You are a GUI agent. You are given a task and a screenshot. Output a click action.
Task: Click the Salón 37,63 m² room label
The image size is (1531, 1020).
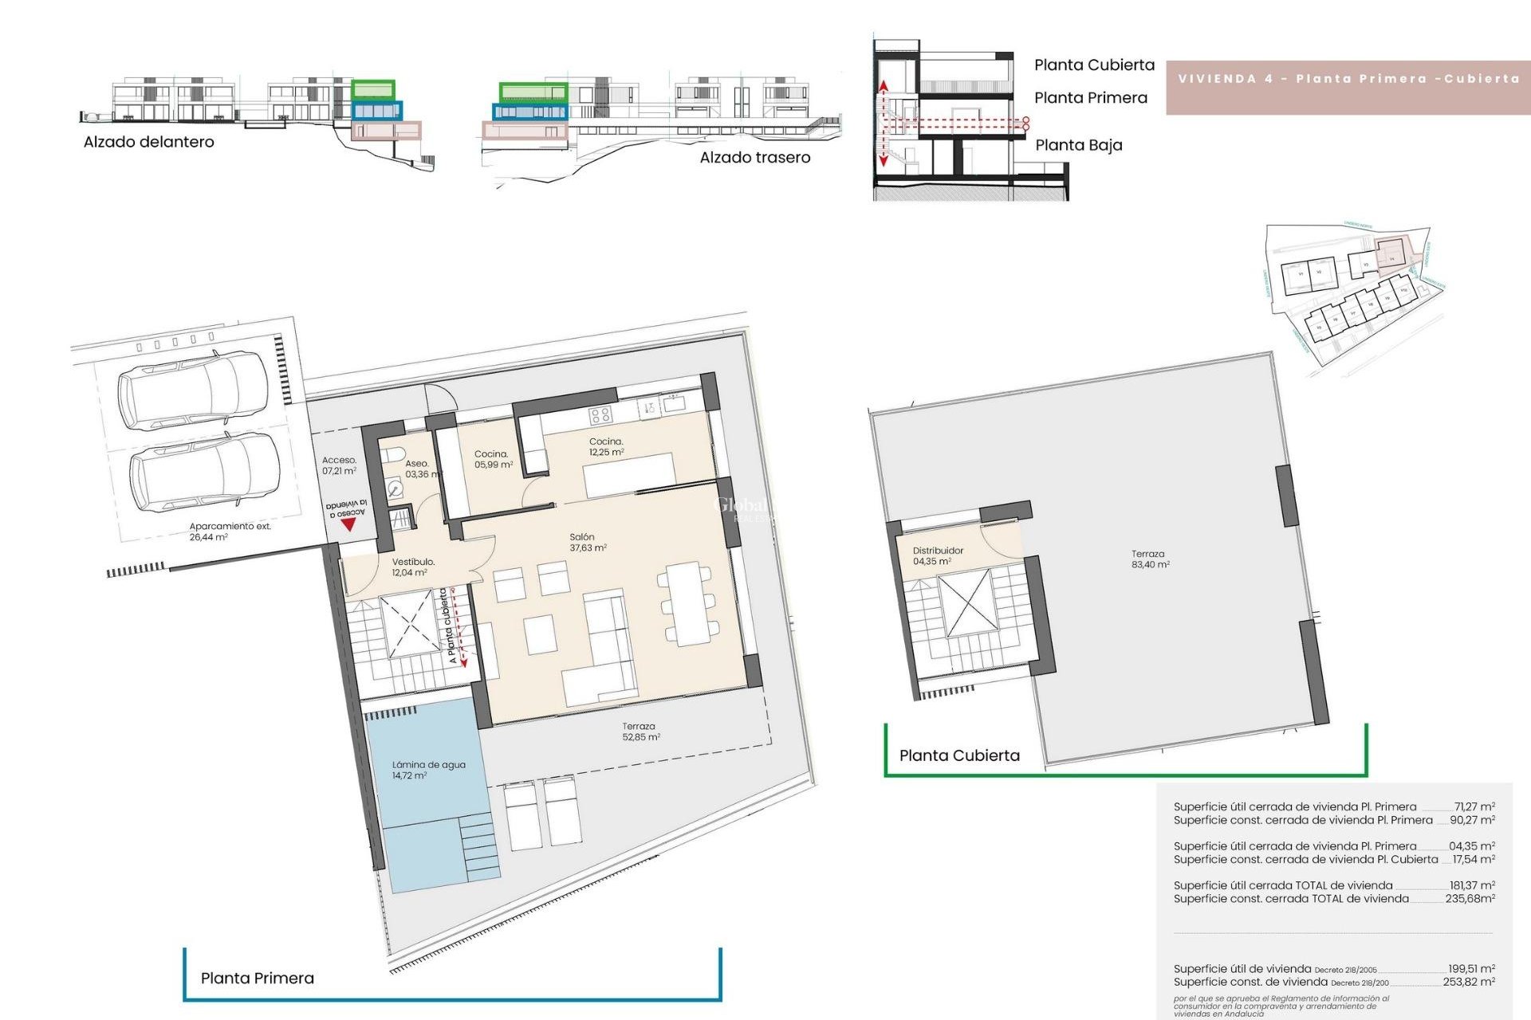pos(588,543)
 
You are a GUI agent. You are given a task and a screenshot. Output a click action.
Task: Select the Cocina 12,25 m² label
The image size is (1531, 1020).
pos(606,446)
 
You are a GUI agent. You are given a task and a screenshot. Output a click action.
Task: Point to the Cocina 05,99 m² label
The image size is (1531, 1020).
pos(493,459)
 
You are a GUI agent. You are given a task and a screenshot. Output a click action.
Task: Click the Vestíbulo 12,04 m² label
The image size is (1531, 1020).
pos(410,567)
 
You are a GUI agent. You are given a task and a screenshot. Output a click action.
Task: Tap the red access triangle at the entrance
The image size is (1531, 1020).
pos(348,524)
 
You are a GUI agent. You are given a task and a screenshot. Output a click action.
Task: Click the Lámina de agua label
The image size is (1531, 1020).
pos(427,770)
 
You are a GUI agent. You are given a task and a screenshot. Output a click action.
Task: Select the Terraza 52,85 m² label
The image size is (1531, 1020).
pos(640,732)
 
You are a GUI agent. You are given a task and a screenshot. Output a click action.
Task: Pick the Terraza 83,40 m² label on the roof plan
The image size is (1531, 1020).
pos(1149,559)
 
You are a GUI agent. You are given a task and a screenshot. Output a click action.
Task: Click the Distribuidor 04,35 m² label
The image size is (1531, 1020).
pos(937,555)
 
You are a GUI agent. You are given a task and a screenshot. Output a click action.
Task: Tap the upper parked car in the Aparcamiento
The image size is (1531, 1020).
pos(193,391)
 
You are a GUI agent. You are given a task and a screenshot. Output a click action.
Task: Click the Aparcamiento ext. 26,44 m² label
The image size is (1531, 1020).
pos(229,532)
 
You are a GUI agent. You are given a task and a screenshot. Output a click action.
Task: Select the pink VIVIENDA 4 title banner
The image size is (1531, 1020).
pos(1348,79)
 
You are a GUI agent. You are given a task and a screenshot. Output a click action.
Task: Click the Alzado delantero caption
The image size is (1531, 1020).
pos(149,142)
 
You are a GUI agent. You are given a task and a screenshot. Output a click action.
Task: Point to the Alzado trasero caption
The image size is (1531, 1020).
pos(754,158)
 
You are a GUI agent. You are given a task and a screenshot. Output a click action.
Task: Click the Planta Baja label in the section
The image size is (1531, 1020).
pos(1078,145)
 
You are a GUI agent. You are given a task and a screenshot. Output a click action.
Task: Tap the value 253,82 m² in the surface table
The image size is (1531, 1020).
pos(1468,982)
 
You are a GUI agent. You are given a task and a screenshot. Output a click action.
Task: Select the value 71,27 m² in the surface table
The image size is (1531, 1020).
pos(1474,806)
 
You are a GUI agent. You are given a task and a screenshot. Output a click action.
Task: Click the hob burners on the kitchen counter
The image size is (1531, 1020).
pos(600,414)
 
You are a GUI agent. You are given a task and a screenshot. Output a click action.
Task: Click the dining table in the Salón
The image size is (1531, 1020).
pos(689,602)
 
